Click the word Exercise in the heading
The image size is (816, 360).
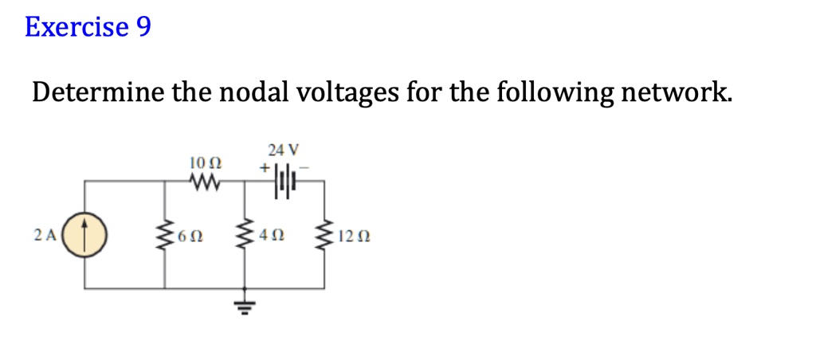pos(76,27)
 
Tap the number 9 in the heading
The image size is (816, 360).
pos(143,27)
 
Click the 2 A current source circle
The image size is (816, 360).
pos(84,235)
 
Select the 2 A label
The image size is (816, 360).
pos(45,235)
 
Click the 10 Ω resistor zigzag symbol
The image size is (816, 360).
pos(205,182)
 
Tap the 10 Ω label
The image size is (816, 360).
pos(205,163)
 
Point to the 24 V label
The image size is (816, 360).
pos(283,149)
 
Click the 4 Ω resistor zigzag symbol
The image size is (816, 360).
pos(244,235)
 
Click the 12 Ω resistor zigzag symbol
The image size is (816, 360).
pos(324,235)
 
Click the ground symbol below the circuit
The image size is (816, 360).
pos(244,305)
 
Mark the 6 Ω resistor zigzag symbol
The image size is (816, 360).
pos(165,235)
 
